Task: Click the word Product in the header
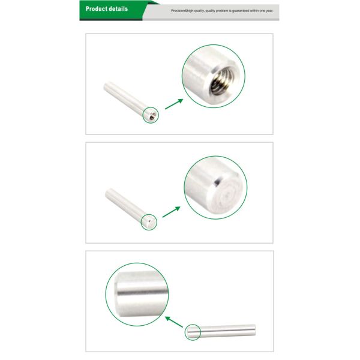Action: pyautogui.click(x=95, y=9)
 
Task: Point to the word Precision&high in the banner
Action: pyautogui.click(x=182, y=11)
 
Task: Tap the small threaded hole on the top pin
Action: pyautogui.click(x=152, y=118)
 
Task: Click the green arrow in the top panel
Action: pyautogui.click(x=174, y=104)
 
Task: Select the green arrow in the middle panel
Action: pyautogui.click(x=171, y=212)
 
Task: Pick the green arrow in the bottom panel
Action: pyautogui.click(x=174, y=322)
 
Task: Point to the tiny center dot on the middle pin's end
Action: pyautogui.click(x=149, y=221)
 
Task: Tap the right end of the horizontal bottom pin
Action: pyautogui.click(x=255, y=330)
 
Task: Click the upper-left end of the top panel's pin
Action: pyautogui.click(x=106, y=85)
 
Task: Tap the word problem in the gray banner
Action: pyautogui.click(x=223, y=11)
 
